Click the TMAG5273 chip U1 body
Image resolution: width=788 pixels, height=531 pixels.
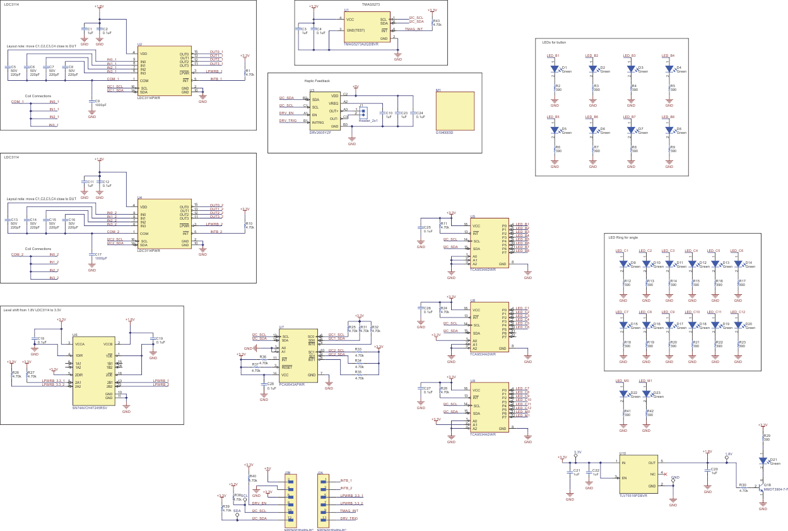pos(366,28)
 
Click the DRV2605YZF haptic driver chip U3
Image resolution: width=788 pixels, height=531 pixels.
pos(325,110)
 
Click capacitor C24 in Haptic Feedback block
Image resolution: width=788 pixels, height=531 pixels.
pos(413,115)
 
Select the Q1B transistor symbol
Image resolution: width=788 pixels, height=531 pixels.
pos(761,487)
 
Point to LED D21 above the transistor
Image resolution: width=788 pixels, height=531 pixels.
pos(763,461)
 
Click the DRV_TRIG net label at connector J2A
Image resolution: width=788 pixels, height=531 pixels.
pos(349,518)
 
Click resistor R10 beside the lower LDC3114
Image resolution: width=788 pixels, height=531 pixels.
pos(245,225)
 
